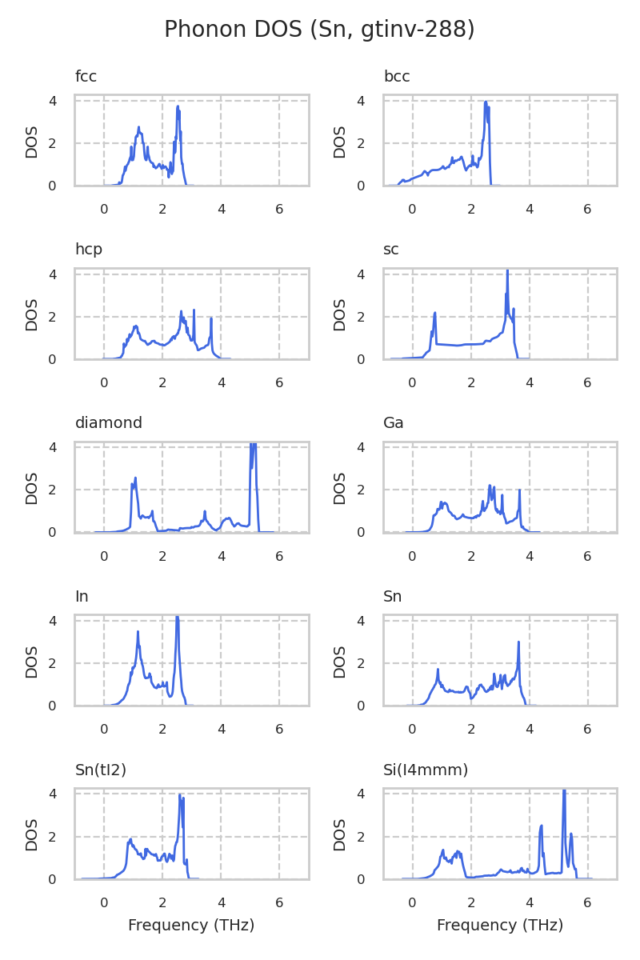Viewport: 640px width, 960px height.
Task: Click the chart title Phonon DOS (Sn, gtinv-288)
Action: (x=319, y=30)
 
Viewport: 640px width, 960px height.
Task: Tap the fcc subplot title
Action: (x=86, y=77)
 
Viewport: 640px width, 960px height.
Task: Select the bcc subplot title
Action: (x=397, y=77)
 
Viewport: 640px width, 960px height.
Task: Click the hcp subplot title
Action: (x=89, y=250)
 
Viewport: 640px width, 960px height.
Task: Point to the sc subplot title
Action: (x=391, y=250)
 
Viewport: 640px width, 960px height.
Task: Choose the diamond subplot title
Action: (x=109, y=422)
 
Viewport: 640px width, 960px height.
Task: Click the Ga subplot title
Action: (x=394, y=422)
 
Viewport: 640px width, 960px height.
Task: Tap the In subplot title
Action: (x=82, y=596)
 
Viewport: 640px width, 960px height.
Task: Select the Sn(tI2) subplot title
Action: (x=101, y=770)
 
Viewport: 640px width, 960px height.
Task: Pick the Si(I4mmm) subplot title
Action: (x=426, y=770)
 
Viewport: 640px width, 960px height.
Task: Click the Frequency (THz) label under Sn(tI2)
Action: (x=191, y=926)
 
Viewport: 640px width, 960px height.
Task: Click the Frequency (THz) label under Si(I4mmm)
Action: (x=500, y=926)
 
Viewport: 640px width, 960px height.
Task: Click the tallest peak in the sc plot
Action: (x=507, y=271)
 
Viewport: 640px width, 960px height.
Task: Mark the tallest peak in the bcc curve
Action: (x=486, y=102)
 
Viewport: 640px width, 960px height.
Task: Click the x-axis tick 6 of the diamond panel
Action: (x=279, y=556)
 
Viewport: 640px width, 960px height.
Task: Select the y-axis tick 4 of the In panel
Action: (x=52, y=621)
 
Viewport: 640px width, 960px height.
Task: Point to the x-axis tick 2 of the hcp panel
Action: (x=162, y=382)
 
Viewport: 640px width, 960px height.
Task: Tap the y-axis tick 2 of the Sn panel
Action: (x=361, y=663)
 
